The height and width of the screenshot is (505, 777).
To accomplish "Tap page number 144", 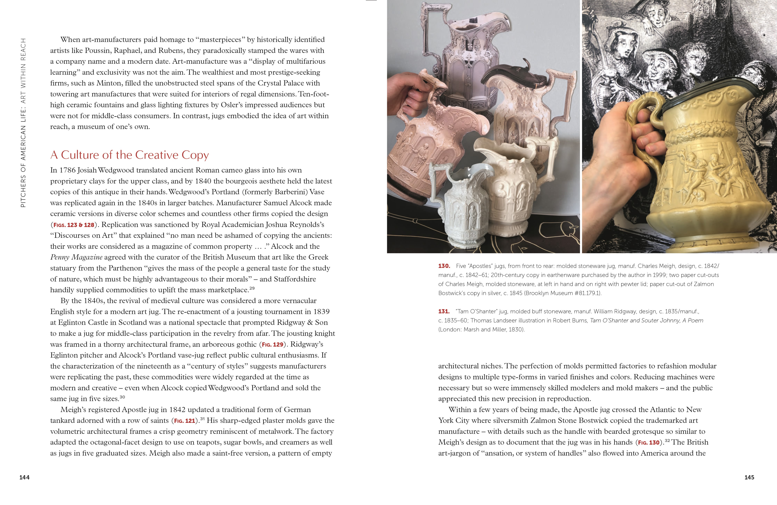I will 25,477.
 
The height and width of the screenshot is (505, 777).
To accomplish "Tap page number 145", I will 749,477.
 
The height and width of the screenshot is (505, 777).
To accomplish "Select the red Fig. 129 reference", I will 272,345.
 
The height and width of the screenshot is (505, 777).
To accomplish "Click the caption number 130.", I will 444,266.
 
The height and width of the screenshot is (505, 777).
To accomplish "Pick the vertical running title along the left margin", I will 23,123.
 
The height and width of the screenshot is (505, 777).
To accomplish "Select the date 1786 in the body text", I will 67,170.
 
